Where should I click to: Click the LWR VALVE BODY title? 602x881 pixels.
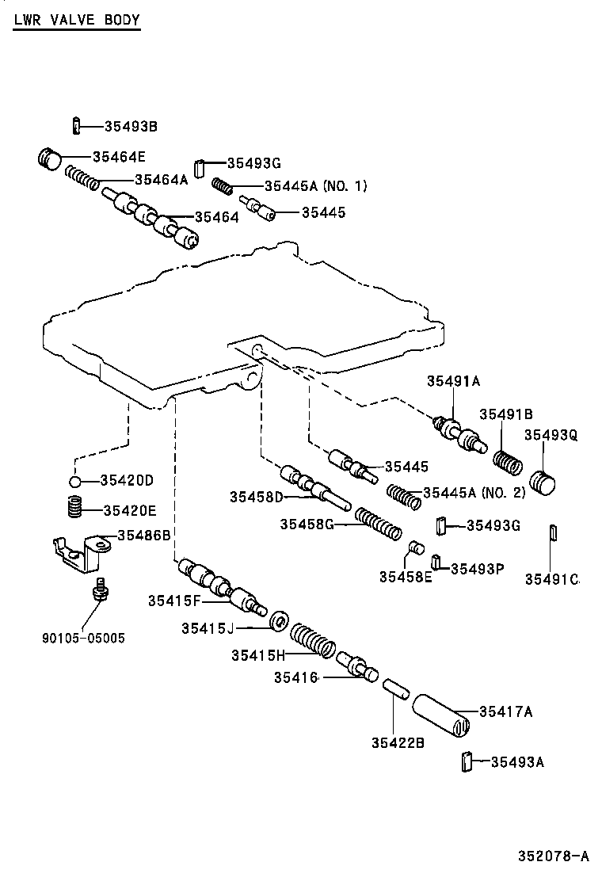click(76, 21)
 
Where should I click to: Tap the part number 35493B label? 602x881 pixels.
click(131, 126)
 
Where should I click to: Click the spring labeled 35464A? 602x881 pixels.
click(82, 178)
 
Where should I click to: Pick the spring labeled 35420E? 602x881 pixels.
click(74, 505)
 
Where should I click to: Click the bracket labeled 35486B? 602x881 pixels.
click(79, 551)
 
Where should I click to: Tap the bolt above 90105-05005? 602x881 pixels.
click(99, 591)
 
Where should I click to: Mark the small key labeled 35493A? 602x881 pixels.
click(467, 761)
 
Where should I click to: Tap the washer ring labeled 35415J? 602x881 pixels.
click(278, 622)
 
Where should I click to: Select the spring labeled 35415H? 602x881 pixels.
click(312, 639)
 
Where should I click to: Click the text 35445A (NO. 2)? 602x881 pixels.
click(474, 492)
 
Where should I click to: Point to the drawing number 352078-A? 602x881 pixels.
click(554, 856)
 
